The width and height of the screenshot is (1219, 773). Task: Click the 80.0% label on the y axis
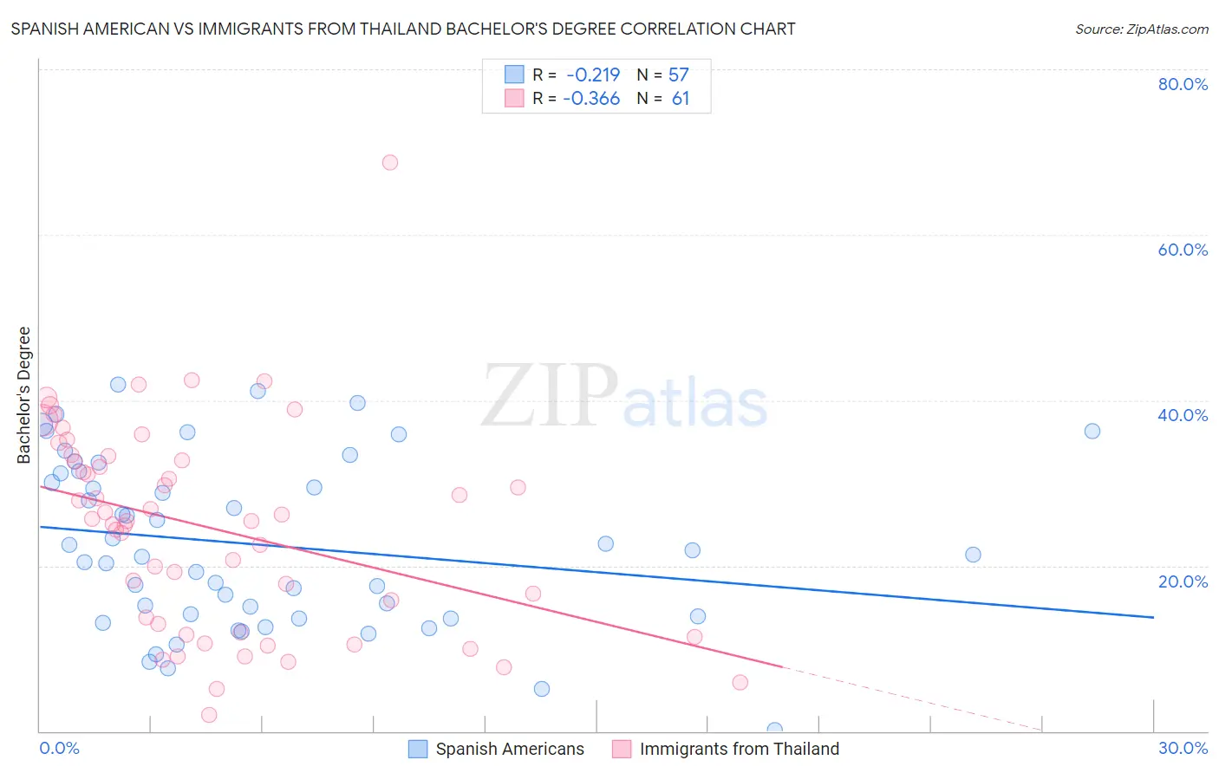tap(1183, 84)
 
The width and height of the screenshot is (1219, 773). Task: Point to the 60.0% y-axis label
tap(1183, 250)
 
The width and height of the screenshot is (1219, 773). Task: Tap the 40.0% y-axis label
tap(1183, 415)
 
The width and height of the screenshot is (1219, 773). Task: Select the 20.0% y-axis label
tap(1183, 581)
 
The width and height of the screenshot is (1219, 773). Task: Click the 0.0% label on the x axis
tap(59, 748)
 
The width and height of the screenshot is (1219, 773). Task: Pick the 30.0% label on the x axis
tap(1183, 748)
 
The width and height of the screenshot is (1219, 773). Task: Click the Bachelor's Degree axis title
tap(24, 395)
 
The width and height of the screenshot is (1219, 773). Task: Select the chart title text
tap(403, 29)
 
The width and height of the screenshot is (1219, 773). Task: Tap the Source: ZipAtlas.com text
tap(1141, 29)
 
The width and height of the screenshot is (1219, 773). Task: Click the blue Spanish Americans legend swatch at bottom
tap(418, 749)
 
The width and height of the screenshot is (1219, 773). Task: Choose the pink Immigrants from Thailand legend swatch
tap(622, 749)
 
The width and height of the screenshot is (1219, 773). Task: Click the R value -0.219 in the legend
tap(593, 75)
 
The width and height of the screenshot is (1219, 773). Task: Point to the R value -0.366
tap(591, 99)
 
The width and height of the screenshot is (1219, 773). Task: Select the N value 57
tap(678, 75)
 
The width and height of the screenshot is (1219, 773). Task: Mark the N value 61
tap(681, 99)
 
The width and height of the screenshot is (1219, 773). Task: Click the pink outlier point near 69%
tap(390, 162)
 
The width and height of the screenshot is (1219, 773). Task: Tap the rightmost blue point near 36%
tap(1092, 431)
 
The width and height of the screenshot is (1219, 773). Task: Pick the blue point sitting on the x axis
tap(775, 730)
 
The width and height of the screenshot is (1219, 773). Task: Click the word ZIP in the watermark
tap(550, 396)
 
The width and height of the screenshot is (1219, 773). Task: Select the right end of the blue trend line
tap(1153, 617)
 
